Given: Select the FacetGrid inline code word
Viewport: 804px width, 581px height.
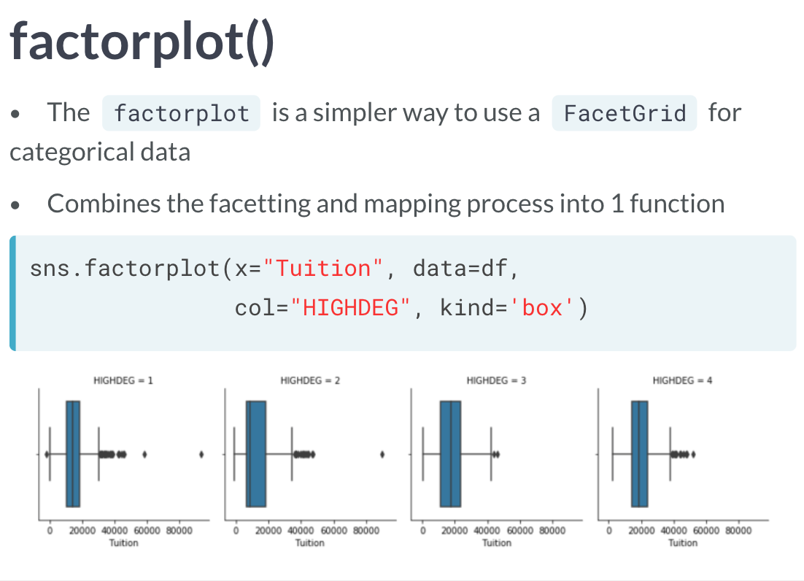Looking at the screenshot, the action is (x=625, y=113).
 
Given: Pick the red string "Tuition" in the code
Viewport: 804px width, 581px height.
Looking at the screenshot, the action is (x=322, y=268).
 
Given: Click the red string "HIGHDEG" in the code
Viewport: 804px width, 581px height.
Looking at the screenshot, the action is (x=350, y=308).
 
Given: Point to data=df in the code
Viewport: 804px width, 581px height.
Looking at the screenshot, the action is (x=460, y=268).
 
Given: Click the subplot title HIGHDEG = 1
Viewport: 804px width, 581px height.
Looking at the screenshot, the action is (x=123, y=380).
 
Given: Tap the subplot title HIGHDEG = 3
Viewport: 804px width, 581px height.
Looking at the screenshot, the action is (x=496, y=380).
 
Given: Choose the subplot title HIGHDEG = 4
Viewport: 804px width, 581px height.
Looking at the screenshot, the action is (x=682, y=380).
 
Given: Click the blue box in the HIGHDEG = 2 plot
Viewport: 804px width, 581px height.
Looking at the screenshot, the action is (x=256, y=454).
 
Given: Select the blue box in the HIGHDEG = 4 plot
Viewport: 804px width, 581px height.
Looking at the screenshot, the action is (x=639, y=454).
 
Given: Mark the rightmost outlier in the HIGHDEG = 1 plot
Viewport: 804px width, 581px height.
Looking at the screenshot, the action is (x=201, y=454).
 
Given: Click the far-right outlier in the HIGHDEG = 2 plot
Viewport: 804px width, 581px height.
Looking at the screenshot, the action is (x=382, y=454).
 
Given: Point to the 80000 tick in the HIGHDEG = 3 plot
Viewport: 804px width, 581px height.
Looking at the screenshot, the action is (x=552, y=530).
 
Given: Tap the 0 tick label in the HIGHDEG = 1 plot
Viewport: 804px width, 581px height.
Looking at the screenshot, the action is (x=50, y=530).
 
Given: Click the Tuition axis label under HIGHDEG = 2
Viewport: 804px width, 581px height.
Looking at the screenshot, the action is (x=309, y=542).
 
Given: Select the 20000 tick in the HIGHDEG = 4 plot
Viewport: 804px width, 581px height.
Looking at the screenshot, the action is (x=641, y=530).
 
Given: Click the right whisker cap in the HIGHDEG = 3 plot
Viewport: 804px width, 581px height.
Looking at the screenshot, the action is (x=491, y=454).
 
